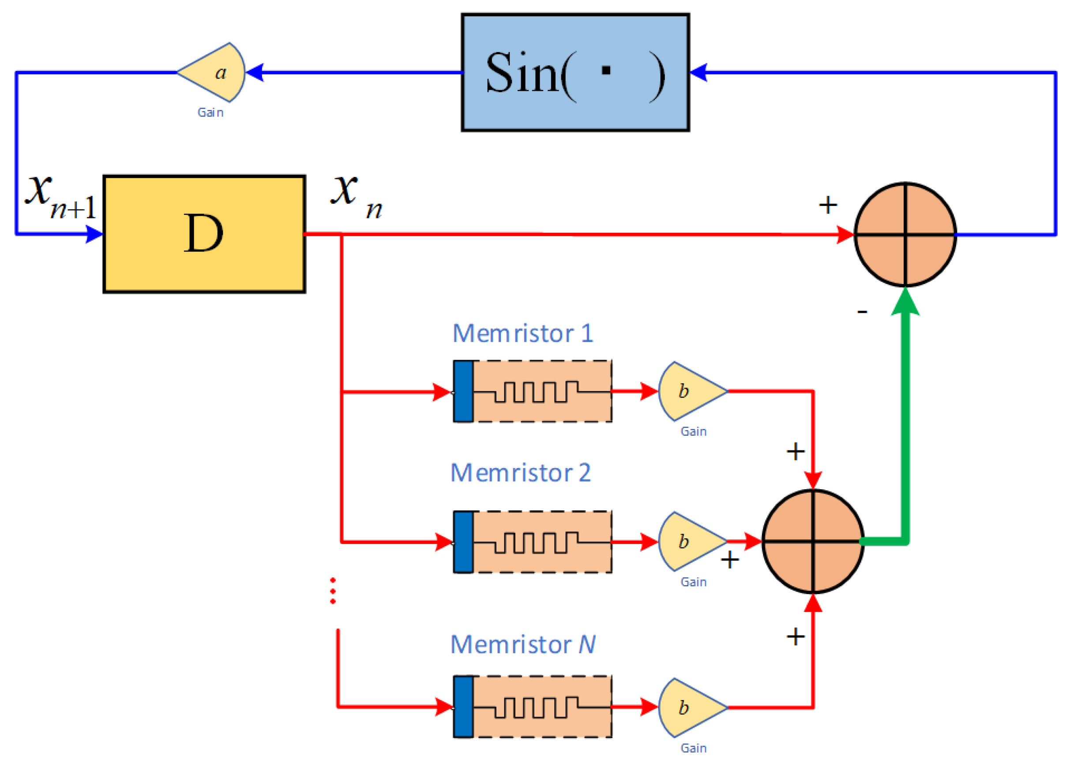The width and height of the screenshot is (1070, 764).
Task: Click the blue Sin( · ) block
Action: pyautogui.click(x=575, y=72)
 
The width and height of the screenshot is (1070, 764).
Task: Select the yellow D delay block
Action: pyautogui.click(x=204, y=234)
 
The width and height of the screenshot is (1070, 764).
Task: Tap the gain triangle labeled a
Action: pyautogui.click(x=212, y=72)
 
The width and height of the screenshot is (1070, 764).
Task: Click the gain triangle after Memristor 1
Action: pyautogui.click(x=692, y=391)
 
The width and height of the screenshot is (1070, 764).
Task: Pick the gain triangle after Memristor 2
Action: pyautogui.click(x=692, y=542)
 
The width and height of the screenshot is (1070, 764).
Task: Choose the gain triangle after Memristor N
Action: pyautogui.click(x=692, y=708)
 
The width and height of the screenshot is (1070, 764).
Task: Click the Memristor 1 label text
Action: pyautogui.click(x=523, y=333)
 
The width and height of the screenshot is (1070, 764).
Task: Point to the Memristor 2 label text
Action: pyautogui.click(x=520, y=472)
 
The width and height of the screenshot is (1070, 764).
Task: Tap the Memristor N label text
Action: pyautogui.click(x=523, y=644)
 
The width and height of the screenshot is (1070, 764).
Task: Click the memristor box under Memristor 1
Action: pyautogui.click(x=533, y=391)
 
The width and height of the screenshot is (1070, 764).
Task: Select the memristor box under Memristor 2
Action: pyautogui.click(x=533, y=542)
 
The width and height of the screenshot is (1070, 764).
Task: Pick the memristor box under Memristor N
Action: pyautogui.click(x=533, y=707)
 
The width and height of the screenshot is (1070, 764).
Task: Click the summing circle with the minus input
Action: pyautogui.click(x=905, y=234)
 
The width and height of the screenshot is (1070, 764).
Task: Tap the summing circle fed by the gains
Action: pyautogui.click(x=813, y=542)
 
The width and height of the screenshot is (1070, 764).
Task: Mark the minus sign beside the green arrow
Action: pyautogui.click(x=862, y=311)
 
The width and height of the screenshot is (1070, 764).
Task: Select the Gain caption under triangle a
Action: pyautogui.click(x=210, y=112)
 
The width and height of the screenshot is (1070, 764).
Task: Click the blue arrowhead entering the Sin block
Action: pyautogui.click(x=698, y=72)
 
